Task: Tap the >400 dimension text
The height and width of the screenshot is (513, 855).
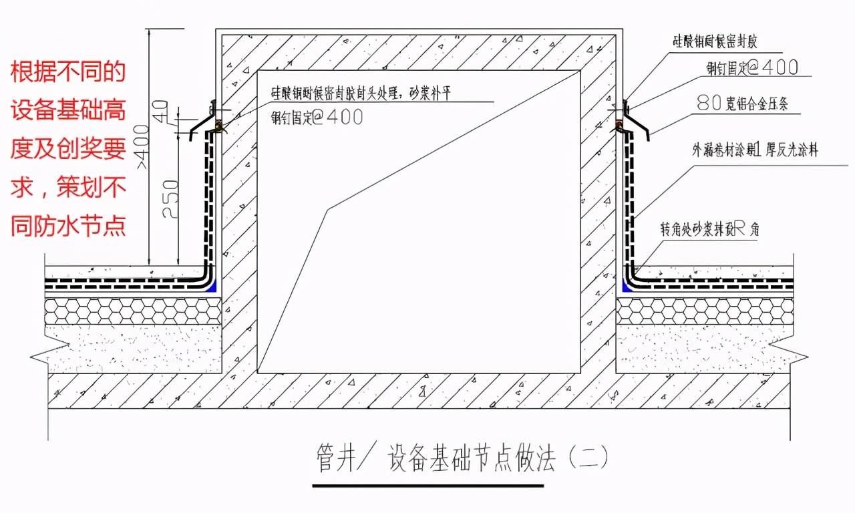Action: (141, 147)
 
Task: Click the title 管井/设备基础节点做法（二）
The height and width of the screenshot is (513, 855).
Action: (462, 459)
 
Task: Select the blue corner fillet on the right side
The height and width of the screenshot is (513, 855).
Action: (627, 287)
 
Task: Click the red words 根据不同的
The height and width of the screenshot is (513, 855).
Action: (67, 72)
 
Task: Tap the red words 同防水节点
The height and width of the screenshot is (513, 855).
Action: (67, 226)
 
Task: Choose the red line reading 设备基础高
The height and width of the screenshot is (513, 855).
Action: (67, 111)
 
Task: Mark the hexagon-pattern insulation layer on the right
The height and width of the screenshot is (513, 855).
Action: (704, 311)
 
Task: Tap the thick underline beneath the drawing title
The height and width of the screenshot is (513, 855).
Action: (427, 484)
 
